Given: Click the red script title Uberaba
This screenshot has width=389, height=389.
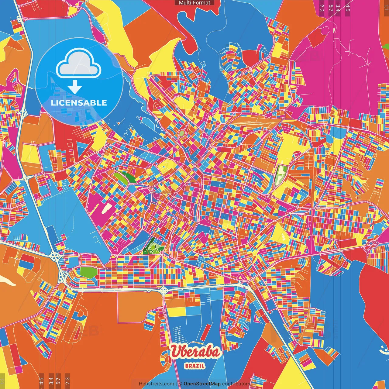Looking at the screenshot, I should click(195, 352).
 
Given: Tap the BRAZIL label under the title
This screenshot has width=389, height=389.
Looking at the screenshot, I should click(194, 366).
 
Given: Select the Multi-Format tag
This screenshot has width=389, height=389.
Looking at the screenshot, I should click(194, 3).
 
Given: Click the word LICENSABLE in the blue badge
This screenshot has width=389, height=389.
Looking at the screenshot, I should click(79, 103).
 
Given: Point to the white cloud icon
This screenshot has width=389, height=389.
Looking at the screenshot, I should click(79, 63).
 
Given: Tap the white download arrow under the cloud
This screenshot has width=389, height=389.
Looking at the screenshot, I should click(75, 87).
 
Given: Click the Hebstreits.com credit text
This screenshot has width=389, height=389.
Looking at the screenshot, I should click(156, 384).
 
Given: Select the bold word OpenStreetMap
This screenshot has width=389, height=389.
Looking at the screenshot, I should click(202, 384).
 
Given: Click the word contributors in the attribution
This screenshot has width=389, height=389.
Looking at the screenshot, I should click(236, 384).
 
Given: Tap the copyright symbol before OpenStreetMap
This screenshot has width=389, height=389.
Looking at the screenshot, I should click(180, 384).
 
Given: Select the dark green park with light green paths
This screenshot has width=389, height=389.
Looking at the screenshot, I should click(153, 246).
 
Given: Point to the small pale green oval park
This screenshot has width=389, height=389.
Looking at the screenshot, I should click(181, 133).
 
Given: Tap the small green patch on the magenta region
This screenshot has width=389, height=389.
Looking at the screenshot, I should click(386, 46).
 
